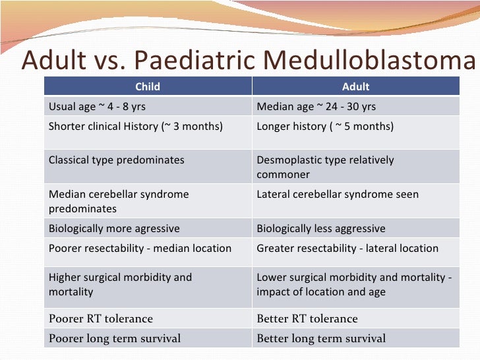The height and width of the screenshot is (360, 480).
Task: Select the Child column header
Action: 148,86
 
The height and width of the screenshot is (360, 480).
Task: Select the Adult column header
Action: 355,86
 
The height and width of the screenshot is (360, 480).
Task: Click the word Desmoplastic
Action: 287,160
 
